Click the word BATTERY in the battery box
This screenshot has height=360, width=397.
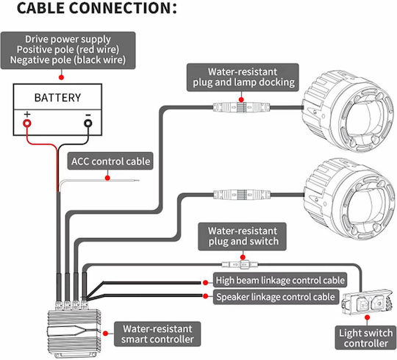coord(57,98)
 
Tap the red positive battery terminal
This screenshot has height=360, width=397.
coord(27,123)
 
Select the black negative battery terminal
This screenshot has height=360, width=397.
coord(88,123)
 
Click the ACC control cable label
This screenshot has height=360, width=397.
coord(110,161)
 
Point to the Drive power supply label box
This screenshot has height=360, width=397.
coord(68,50)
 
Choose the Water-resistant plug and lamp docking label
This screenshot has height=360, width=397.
coord(243,77)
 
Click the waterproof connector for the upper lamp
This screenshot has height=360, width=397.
coord(241,107)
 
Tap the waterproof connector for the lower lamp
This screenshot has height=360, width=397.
coord(242,195)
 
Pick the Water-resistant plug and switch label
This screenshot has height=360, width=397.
coord(243,237)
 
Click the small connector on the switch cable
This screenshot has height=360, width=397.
coord(240,265)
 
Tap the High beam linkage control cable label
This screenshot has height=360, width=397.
coord(280,280)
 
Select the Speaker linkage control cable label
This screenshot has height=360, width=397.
coord(276,297)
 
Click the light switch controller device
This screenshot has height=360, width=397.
coord(366,301)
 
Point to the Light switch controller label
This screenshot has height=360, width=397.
coord(365,338)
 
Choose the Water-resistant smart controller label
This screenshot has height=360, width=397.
coord(157,334)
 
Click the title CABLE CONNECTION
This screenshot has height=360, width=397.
coord(97,8)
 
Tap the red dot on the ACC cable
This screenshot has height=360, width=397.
coord(107,178)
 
